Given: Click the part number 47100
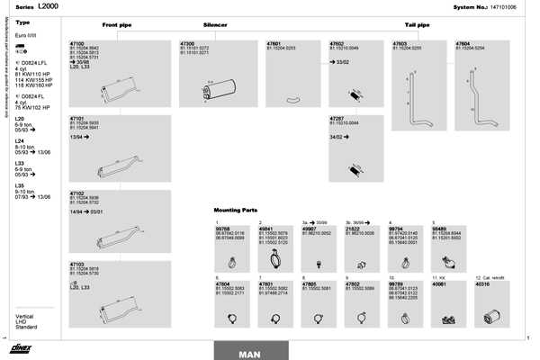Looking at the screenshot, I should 76,43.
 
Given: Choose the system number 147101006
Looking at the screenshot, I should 498,6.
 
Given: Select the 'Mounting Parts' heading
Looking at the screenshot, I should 236,210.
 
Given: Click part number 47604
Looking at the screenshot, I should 463,43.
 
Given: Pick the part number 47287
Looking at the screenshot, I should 337,118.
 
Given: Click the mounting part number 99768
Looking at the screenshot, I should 222,229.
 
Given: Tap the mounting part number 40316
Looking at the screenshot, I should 484,283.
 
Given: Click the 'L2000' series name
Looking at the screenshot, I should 50,6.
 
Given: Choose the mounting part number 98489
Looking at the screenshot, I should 440,229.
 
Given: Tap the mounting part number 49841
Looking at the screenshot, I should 265,229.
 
